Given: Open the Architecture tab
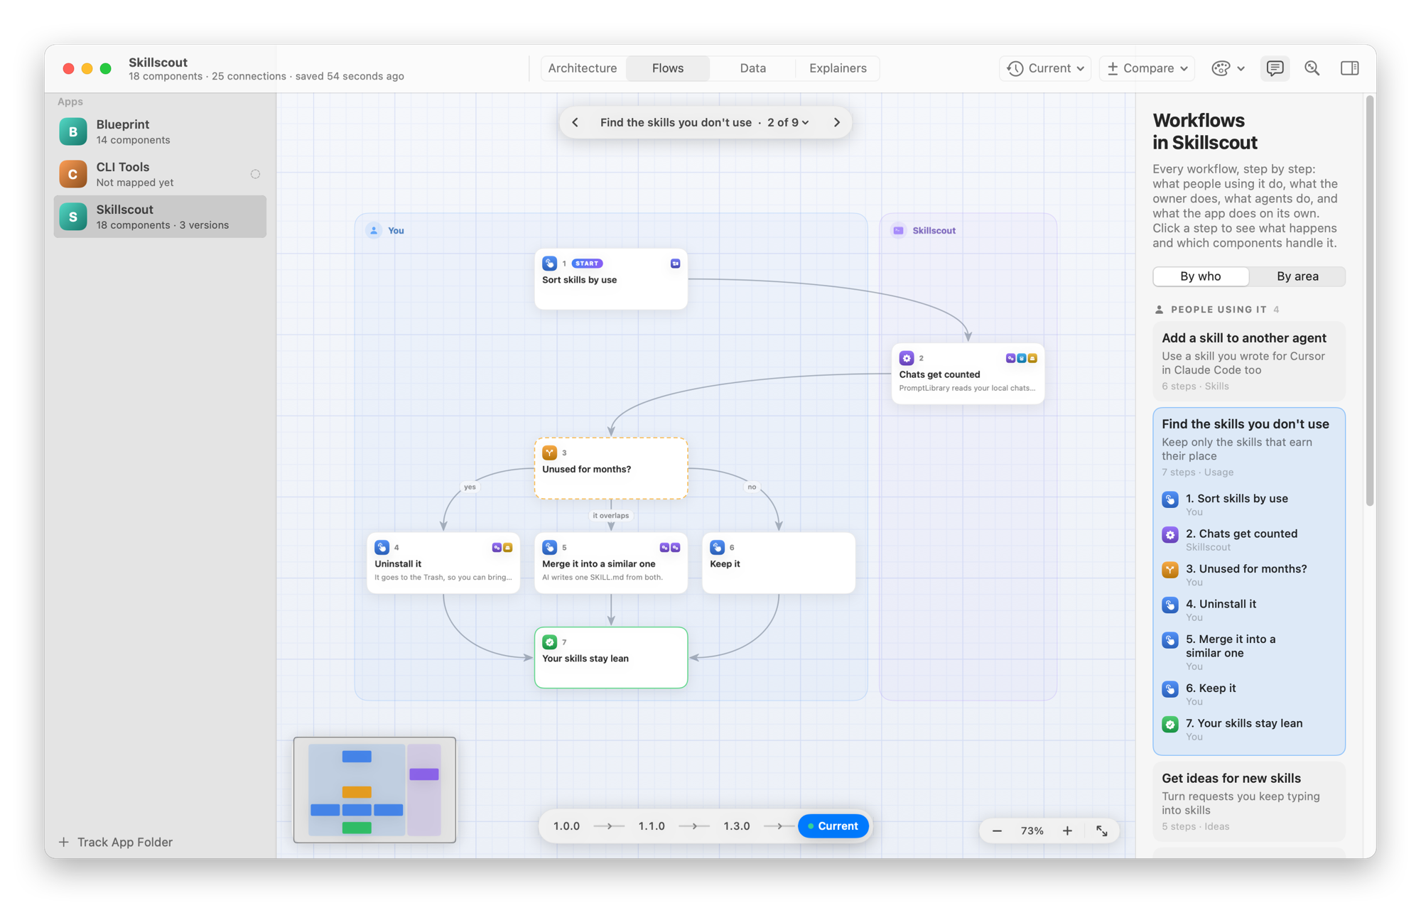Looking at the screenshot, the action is click(x=583, y=68).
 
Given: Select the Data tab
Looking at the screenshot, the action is click(x=752, y=68).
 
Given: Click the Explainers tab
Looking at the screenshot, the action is click(x=838, y=68).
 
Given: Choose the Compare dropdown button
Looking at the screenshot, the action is click(x=1147, y=68).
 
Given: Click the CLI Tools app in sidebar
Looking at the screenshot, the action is click(x=160, y=174).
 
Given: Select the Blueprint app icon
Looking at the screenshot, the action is click(x=73, y=131).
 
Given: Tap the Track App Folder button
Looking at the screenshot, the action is click(x=115, y=842).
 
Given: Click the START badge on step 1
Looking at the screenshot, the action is click(x=587, y=263).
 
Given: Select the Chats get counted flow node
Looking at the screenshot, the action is click(x=968, y=374).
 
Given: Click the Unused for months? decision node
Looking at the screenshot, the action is click(x=611, y=468).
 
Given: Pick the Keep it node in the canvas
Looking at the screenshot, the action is click(x=779, y=563).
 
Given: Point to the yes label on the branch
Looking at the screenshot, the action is click(x=470, y=487).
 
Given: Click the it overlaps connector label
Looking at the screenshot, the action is click(x=610, y=516).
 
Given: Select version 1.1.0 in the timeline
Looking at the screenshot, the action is click(x=651, y=826).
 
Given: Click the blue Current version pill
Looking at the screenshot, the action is click(x=833, y=826).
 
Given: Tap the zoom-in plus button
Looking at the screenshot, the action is click(x=1067, y=831).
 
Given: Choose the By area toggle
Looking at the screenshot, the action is click(x=1297, y=276).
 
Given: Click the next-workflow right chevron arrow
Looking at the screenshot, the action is click(x=837, y=122).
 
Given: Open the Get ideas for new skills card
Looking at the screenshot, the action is click(x=1249, y=801).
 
